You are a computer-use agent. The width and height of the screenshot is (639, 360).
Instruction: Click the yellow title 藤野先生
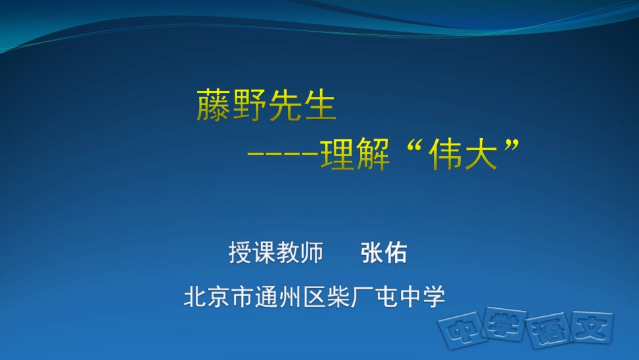[266, 106]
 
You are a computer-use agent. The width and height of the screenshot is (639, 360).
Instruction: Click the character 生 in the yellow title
[319, 106]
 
